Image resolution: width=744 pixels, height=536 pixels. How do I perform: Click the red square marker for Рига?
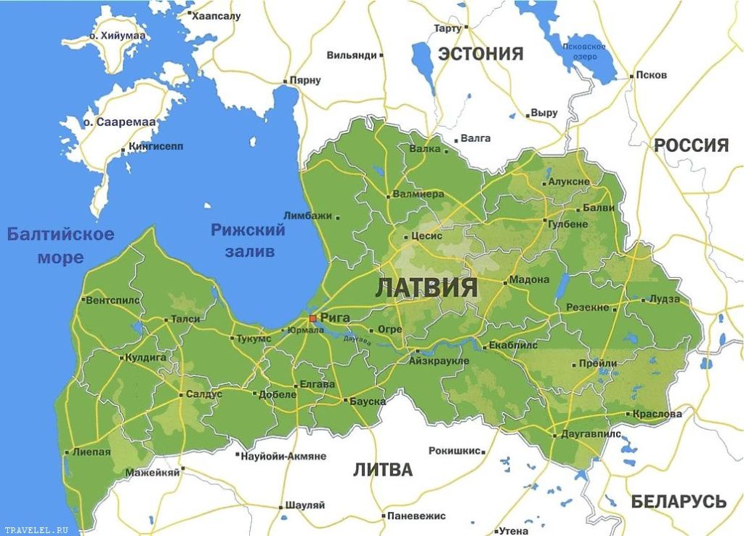(x=312, y=318)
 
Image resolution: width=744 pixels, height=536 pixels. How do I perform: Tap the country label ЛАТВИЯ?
(x=426, y=287)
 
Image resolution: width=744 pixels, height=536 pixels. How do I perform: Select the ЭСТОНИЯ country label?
(x=480, y=54)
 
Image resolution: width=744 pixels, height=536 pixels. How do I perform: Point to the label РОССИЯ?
(x=691, y=145)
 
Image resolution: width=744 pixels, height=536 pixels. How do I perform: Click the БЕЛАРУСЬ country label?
(x=678, y=502)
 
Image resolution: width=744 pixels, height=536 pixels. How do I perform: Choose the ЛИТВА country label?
(x=383, y=470)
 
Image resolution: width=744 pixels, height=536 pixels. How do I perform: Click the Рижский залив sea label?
(x=247, y=241)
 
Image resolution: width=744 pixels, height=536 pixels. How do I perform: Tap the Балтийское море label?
(x=60, y=246)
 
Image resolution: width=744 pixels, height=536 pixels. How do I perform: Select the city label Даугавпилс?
(x=591, y=433)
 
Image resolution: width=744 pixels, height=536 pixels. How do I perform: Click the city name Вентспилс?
(x=111, y=300)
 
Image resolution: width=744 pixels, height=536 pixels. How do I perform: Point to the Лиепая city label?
(x=92, y=452)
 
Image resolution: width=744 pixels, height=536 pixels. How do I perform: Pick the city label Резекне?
(x=587, y=308)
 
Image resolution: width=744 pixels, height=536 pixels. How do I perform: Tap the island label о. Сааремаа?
(x=119, y=122)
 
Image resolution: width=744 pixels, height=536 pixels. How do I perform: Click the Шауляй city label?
(x=306, y=505)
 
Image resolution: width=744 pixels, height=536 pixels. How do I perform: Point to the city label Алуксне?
(x=569, y=182)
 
